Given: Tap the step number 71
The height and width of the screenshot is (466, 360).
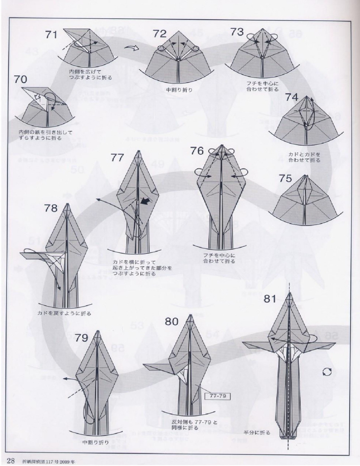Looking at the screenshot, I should click(x=51, y=35).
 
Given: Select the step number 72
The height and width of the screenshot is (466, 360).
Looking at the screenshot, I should click(x=160, y=34).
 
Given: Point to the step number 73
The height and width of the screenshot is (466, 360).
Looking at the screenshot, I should click(x=237, y=32).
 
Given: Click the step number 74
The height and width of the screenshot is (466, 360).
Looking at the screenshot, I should click(x=291, y=97).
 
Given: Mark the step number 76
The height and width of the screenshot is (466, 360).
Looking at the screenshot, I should click(x=197, y=150).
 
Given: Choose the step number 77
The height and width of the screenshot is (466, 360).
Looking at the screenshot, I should click(x=118, y=158).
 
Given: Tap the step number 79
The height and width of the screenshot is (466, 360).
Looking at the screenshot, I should click(x=82, y=338).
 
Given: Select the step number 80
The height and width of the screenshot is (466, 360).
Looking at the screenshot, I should click(x=172, y=321).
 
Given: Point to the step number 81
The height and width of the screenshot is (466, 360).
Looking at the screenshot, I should click(x=270, y=299).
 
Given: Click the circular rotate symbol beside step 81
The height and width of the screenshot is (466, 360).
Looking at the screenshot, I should click(x=327, y=372).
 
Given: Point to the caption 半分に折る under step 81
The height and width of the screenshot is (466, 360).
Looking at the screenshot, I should click(x=257, y=433).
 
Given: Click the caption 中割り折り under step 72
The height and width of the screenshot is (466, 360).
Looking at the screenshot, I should click(x=179, y=90).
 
